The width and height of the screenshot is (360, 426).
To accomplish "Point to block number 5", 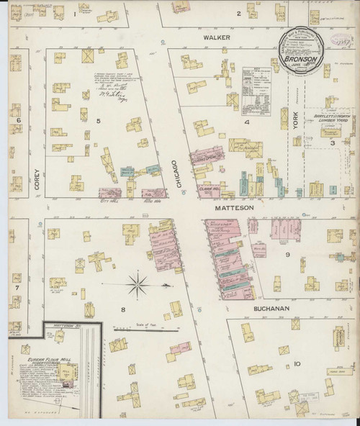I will pyautogui.click(x=97, y=120).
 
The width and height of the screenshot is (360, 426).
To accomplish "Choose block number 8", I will pyautogui.click(x=123, y=310).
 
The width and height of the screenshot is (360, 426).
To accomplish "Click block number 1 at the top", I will pyautogui.click(x=74, y=14).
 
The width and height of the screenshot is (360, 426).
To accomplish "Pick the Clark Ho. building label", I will pyautogui.click(x=208, y=170).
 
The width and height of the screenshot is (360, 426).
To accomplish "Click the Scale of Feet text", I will pyautogui.click(x=145, y=324).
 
